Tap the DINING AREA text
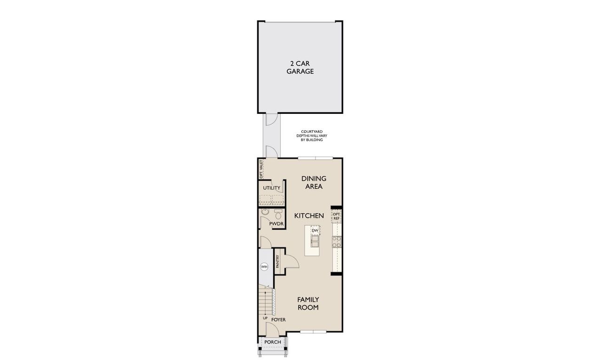(314, 183)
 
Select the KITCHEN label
(309, 216)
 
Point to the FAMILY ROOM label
(308, 304)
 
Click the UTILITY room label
(271, 188)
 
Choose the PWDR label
(276, 224)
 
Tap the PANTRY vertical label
(278, 262)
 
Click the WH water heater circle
(264, 267)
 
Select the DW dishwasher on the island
(315, 230)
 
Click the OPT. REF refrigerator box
(336, 216)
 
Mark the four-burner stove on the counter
(337, 242)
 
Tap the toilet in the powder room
(278, 215)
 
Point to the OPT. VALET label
(261, 169)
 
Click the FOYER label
(278, 320)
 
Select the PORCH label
(272, 342)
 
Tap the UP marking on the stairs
(265, 318)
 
